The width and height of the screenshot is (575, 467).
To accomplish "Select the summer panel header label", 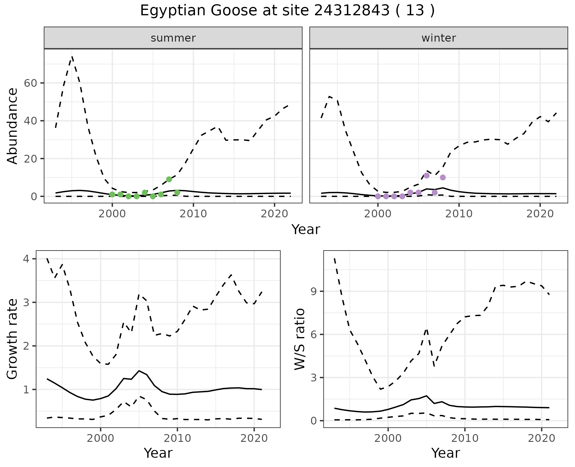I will (x=173, y=38).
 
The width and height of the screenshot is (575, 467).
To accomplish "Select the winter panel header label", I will (x=439, y=38).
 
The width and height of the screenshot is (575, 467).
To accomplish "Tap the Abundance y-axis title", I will (x=13, y=126).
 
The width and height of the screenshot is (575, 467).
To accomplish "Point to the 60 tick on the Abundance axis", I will (x=30, y=83).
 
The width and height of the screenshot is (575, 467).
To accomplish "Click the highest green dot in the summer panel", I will (x=169, y=179).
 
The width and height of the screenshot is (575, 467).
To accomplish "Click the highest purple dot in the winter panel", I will (x=427, y=175).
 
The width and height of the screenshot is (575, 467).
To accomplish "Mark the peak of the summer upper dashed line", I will (x=72, y=56).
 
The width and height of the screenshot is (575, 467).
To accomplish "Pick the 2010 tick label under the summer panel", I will (x=193, y=214).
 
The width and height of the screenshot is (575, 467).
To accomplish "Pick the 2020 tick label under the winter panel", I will (x=540, y=214).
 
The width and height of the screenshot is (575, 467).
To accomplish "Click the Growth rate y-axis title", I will (x=13, y=339).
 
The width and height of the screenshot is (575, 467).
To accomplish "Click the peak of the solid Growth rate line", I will (x=139, y=371).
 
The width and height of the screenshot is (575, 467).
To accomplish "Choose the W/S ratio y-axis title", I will (x=300, y=339).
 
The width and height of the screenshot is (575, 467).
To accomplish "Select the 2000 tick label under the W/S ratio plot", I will (x=388, y=438).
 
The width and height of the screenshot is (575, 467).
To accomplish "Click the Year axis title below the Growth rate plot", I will (x=158, y=453).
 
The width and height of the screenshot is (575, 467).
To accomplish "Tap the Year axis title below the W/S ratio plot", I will (x=446, y=453).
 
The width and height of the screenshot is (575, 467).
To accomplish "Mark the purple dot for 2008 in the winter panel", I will (x=443, y=178).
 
